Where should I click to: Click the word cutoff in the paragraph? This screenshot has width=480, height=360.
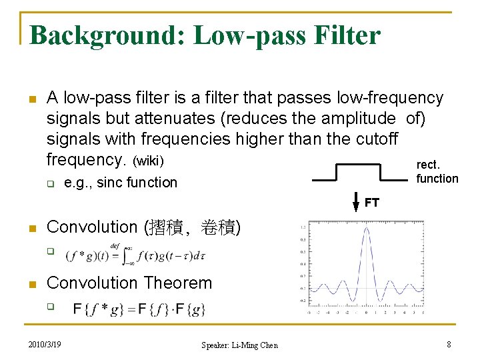pyautogui.click(x=375, y=139)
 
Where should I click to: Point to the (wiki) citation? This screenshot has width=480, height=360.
pyautogui.click(x=149, y=161)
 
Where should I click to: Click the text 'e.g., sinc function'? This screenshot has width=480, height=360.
pyautogui.click(x=121, y=183)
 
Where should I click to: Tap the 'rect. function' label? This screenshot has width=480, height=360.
pyautogui.click(x=437, y=171)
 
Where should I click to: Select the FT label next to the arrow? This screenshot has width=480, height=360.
pyautogui.click(x=371, y=203)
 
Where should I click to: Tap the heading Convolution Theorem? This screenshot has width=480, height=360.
pyautogui.click(x=129, y=283)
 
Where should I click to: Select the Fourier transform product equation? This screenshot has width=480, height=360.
pyautogui.click(x=139, y=309)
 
